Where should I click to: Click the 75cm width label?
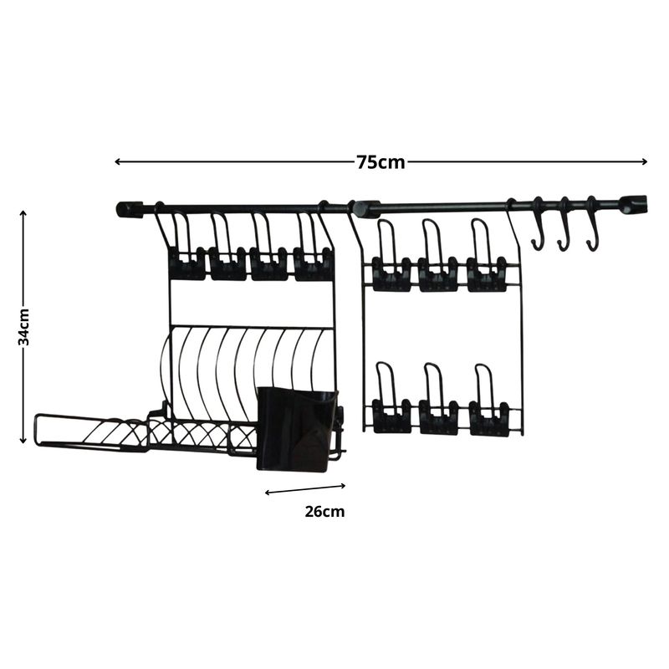point(380,162)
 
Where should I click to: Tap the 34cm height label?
point(24,327)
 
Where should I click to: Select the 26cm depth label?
point(324,511)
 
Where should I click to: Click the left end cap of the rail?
point(130,210)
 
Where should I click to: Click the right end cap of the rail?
point(634,205)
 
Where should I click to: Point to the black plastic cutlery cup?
point(297,429)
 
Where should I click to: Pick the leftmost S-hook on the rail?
point(539,223)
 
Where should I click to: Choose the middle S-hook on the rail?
point(564,223)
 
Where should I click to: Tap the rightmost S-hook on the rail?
point(592,223)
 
